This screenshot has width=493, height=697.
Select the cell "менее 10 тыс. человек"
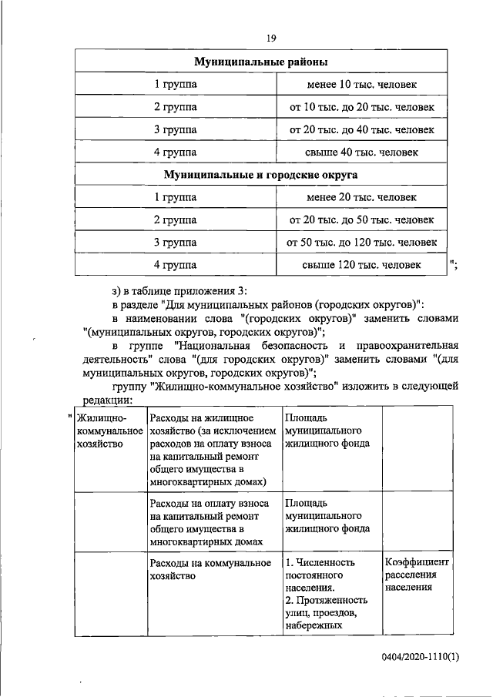[361, 84]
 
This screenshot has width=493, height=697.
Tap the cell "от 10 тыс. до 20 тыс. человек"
[361, 106]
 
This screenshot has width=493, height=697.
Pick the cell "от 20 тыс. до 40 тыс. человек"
[361, 129]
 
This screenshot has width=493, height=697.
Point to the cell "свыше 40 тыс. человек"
[361, 152]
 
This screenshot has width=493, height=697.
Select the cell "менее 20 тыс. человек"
[361, 197]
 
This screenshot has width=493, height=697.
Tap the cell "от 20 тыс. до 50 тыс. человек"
[361, 220]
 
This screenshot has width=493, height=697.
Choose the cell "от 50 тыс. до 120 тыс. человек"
[361, 243]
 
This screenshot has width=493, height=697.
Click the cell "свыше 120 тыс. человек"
[361, 266]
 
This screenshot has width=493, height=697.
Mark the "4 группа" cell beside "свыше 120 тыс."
[175, 266]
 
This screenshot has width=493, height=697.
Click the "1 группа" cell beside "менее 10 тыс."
[175, 84]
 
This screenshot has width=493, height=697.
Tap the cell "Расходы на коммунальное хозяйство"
[211, 569]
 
